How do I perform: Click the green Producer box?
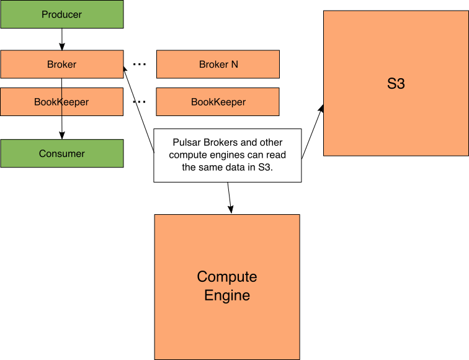(62, 14)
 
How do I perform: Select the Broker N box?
(218, 65)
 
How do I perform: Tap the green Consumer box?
(62, 153)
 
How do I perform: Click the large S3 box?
(396, 83)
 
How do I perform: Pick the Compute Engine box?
(227, 287)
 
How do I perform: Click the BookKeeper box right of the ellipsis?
(218, 102)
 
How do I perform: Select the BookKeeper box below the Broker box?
(61, 102)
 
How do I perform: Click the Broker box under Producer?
(62, 65)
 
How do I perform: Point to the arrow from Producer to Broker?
(62, 39)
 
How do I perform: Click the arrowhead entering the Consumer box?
(62, 135)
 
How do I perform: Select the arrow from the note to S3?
(313, 131)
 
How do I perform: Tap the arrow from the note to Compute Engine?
(230, 198)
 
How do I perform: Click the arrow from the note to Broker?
(139, 109)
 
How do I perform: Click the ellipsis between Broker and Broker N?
(140, 65)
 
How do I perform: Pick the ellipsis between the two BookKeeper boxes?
(140, 102)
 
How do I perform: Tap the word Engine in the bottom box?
(227, 295)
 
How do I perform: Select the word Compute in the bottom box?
(227, 277)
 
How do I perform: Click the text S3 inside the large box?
(396, 84)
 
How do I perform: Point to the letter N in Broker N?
(234, 65)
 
